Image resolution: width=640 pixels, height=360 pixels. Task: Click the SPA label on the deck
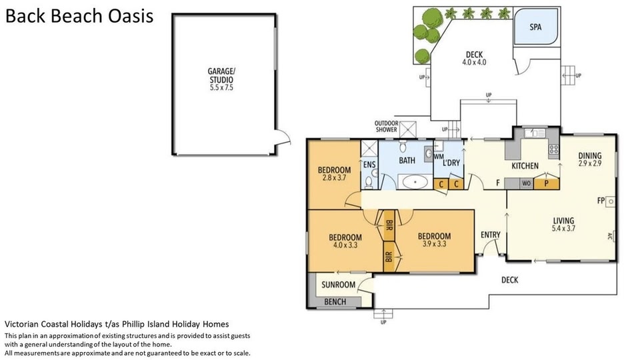coord(535,27)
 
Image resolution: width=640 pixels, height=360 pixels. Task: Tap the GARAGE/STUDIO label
coord(221,75)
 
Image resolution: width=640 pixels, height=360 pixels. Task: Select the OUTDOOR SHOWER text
coord(386,127)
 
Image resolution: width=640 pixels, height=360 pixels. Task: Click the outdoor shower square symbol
coord(408,130)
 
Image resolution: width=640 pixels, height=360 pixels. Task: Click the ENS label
coord(369,165)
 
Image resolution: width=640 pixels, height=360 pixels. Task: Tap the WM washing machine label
coord(439,157)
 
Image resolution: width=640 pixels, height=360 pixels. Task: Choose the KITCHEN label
coord(525,166)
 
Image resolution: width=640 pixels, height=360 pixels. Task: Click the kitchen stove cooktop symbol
coord(554,149)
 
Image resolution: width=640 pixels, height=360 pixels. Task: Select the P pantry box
coord(546,184)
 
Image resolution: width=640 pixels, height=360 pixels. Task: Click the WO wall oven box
coord(527,184)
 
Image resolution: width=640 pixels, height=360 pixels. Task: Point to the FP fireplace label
coord(601,201)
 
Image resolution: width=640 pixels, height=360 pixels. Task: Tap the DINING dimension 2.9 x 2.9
coord(590,163)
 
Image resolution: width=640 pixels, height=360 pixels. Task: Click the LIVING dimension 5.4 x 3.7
coord(563,229)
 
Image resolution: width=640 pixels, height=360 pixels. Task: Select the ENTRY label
coord(490,235)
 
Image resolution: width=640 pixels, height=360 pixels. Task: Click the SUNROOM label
coord(339,285)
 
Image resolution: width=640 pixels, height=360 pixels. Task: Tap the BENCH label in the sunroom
coord(335,302)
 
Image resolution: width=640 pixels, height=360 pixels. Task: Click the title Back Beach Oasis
coord(79,16)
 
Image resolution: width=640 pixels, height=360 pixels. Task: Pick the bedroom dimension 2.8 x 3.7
coord(334,178)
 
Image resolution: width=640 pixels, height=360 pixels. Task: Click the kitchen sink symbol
coord(535,133)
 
